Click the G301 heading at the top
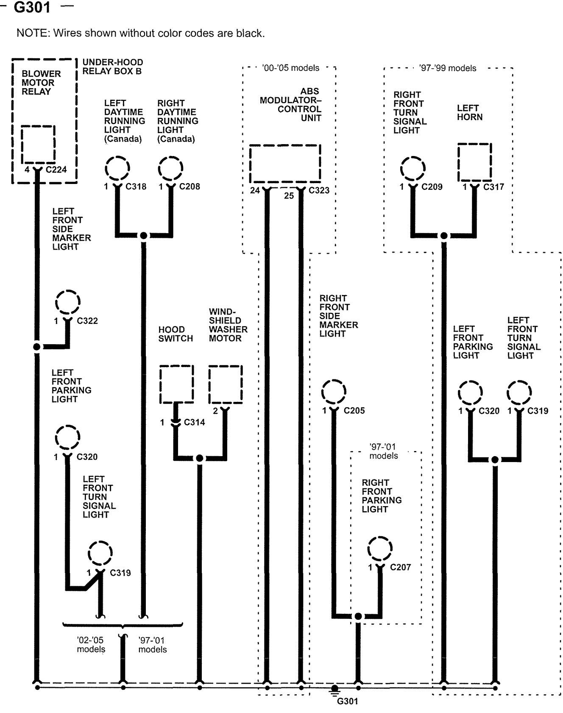[32, 7]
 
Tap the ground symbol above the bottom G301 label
[334, 690]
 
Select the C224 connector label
[56, 170]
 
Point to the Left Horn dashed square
[475, 162]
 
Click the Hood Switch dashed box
[177, 384]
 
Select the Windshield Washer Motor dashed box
[226, 384]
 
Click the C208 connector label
[190, 187]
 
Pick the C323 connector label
[319, 190]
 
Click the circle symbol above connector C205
[334, 391]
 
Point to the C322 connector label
[87, 321]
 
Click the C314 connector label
[195, 422]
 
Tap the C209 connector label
[432, 187]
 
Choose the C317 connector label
[494, 187]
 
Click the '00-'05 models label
[290, 68]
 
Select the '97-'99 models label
[448, 68]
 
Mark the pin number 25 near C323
[289, 196]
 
